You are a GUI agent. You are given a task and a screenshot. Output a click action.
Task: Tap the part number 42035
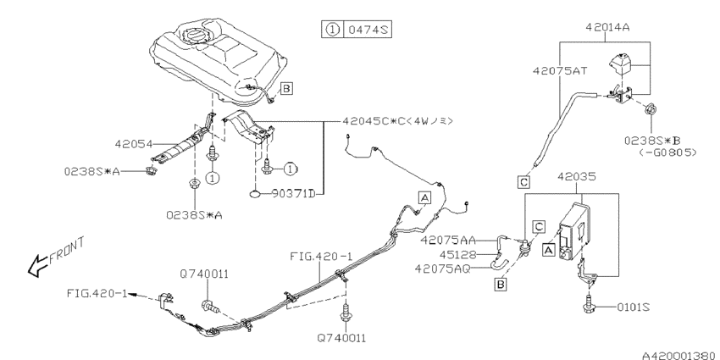[577, 178]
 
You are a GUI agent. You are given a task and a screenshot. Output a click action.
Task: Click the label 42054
[134, 145]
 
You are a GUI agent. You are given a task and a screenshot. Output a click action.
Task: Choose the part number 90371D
[292, 194]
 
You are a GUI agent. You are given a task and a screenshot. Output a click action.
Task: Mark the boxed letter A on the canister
[548, 250]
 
